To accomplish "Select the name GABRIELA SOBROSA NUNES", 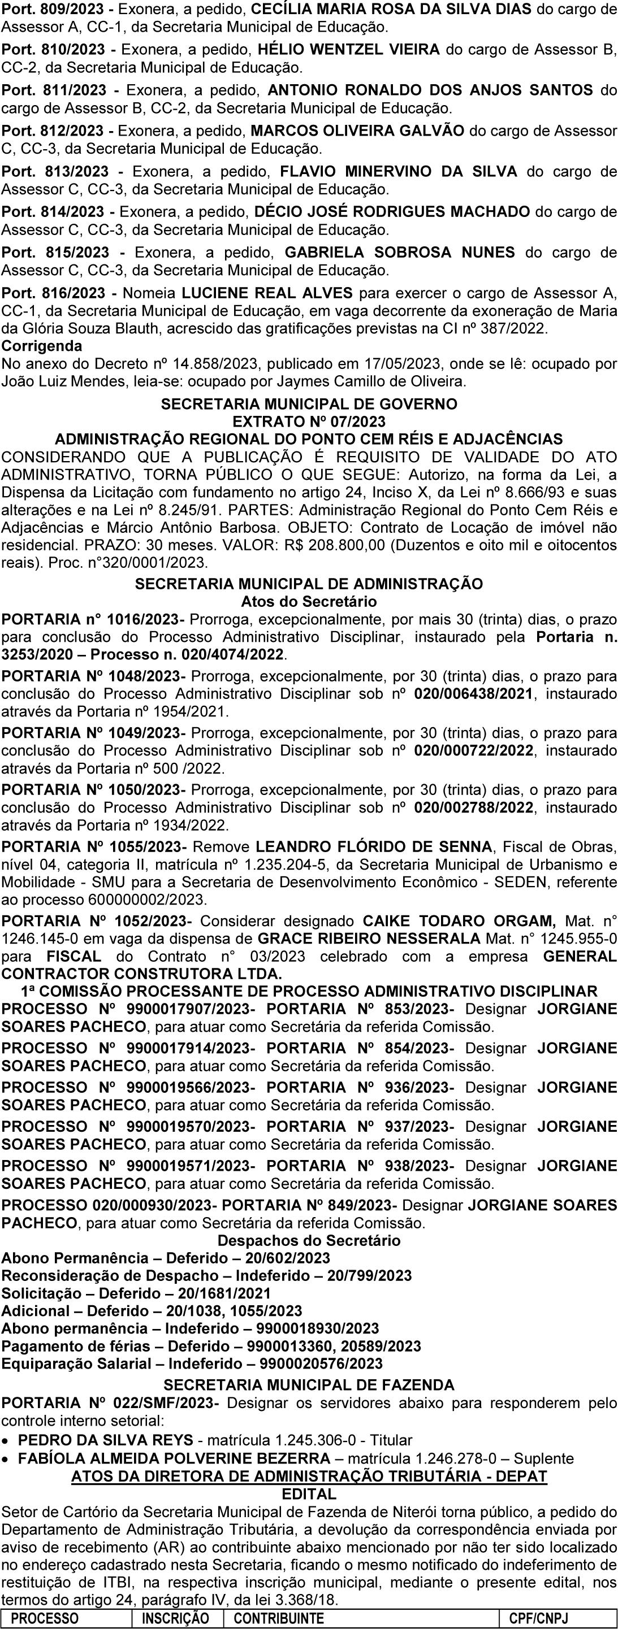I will click(400, 253).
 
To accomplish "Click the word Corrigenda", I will click(42, 346).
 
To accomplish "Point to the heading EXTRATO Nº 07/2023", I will click(309, 421).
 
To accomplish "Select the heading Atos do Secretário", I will click(309, 601).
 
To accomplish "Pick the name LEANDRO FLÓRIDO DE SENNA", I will click(373, 847).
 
